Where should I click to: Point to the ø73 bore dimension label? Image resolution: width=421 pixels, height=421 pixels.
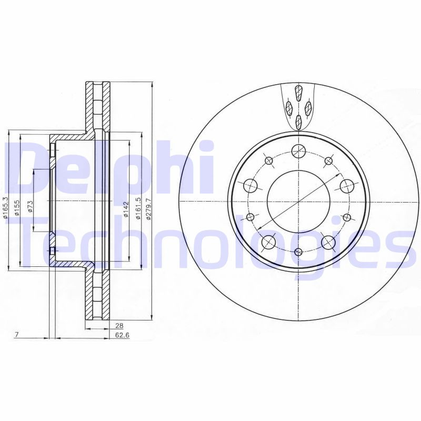[x=31, y=206]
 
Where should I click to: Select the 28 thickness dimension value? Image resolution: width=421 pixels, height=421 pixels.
[x=119, y=326]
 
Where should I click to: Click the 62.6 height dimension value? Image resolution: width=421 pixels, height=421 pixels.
[x=122, y=335]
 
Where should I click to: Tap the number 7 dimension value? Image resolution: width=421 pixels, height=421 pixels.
[x=17, y=335]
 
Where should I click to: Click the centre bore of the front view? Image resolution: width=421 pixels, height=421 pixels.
[x=298, y=201]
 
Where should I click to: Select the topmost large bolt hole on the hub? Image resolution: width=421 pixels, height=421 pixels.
[x=298, y=150]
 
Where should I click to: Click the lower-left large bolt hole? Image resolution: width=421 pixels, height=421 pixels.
[x=268, y=242]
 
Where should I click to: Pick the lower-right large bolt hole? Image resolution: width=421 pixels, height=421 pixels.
[x=328, y=242]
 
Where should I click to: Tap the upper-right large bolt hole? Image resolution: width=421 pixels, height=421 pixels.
[x=346, y=185]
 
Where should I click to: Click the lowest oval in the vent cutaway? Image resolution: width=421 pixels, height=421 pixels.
[x=298, y=122]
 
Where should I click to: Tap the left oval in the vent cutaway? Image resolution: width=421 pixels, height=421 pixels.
[x=289, y=108]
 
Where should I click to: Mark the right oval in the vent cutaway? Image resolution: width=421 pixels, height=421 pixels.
[x=308, y=108]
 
